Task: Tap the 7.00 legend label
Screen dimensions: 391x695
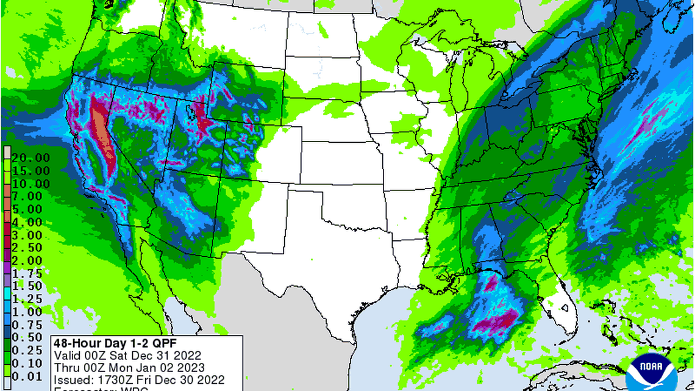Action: click(27, 196)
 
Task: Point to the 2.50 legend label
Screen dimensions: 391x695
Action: click(27, 248)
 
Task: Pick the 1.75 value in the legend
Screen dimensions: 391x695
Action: click(27, 273)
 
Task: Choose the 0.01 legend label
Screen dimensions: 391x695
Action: click(27, 376)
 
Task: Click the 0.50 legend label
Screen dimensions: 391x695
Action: click(27, 337)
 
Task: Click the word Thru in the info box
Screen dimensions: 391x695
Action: click(65, 367)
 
